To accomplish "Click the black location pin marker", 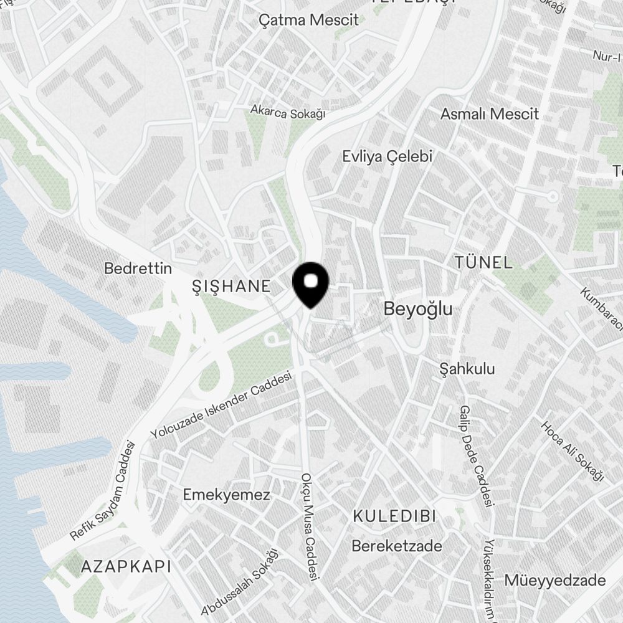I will point(311,284).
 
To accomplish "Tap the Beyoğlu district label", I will point(417,309).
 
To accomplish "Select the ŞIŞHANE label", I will point(232,287).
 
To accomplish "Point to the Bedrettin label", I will point(138,269).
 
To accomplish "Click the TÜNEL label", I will point(484,262).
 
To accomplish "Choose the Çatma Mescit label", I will point(309,20).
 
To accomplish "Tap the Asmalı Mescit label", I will point(489,114).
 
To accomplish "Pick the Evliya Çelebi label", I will point(387,156).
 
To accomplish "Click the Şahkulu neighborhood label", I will point(467,369).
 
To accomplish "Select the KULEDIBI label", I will point(394,516).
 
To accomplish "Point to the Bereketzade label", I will point(397,546).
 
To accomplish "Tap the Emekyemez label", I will point(226,495).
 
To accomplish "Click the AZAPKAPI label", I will point(126,566).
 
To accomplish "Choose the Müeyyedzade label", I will point(554,581).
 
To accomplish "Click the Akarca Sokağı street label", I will point(288,112).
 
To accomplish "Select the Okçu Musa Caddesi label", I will point(310,527).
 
